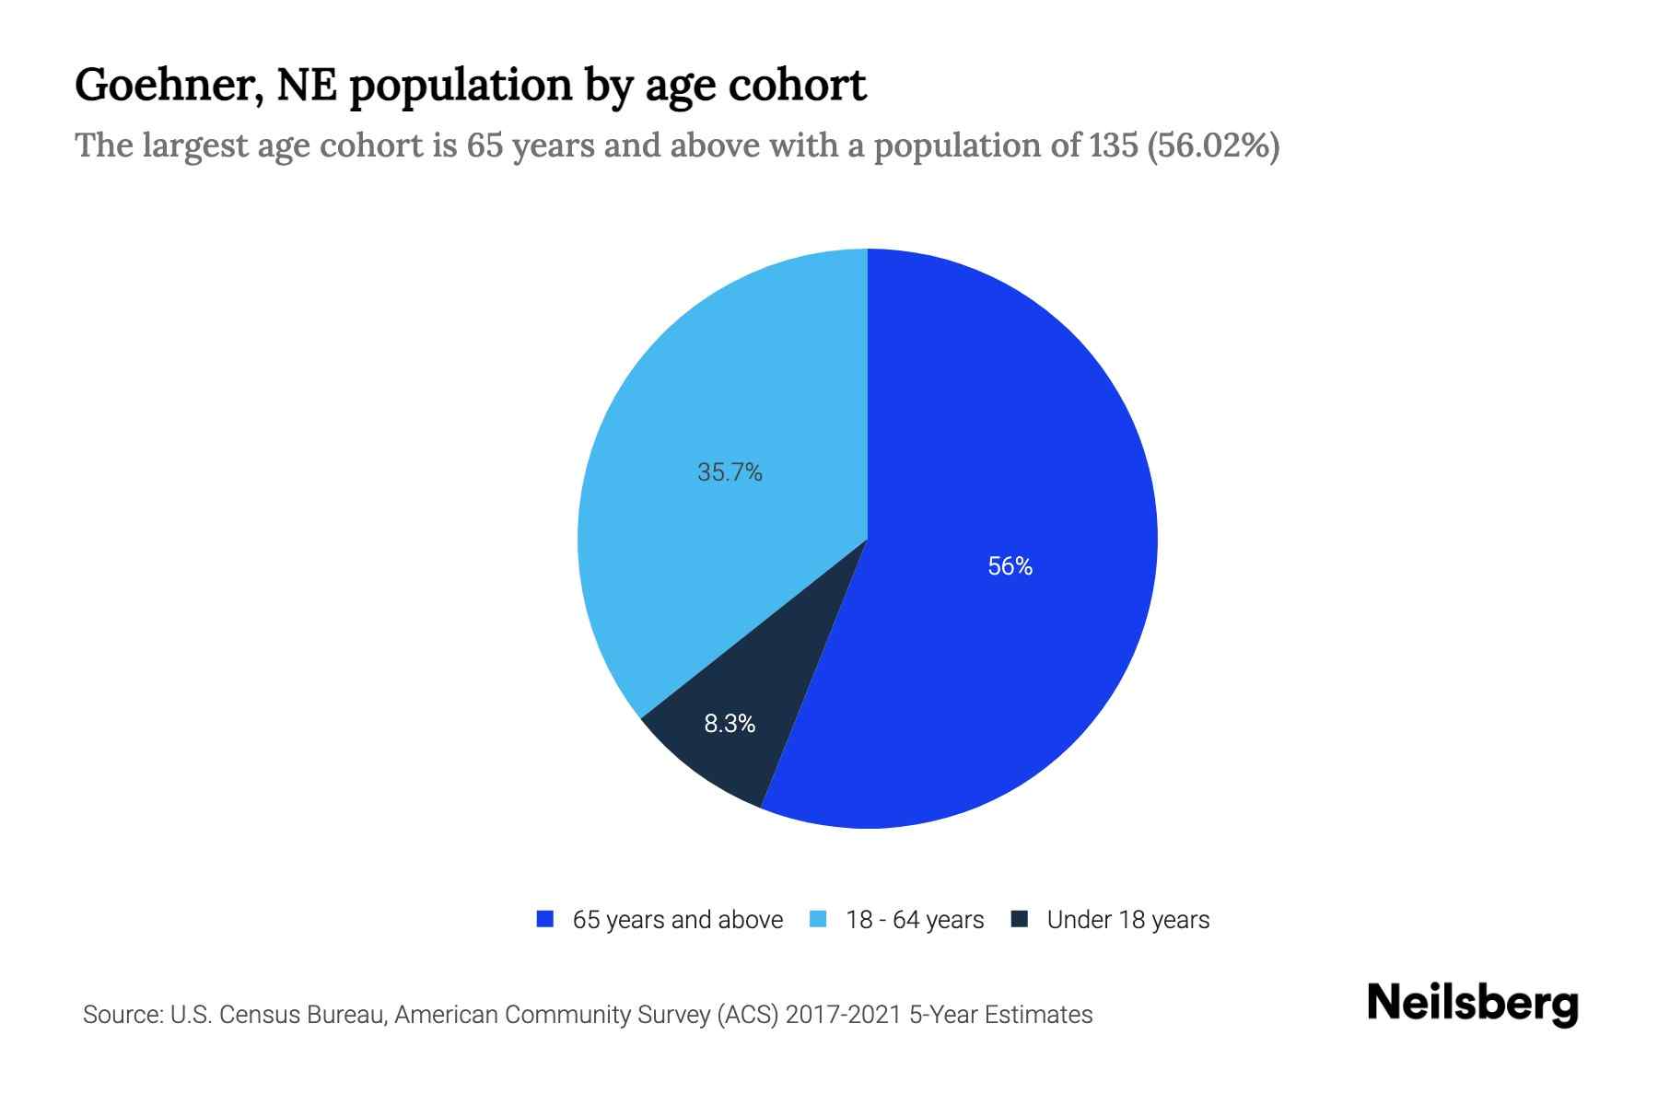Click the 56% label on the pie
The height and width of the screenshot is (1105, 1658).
point(1010,566)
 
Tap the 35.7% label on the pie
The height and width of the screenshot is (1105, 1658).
point(730,472)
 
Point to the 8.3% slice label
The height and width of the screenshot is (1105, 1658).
point(730,725)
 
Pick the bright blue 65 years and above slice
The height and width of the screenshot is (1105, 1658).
point(1013,460)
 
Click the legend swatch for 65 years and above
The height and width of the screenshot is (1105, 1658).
point(545,919)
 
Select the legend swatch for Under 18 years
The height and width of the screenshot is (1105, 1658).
point(1019,919)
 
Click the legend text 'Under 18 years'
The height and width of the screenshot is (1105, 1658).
point(1127,920)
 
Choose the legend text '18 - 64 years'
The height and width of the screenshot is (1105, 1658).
point(914,920)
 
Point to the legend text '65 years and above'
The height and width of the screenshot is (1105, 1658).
point(677,920)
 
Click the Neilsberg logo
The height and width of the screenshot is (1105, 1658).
point(1472,1004)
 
